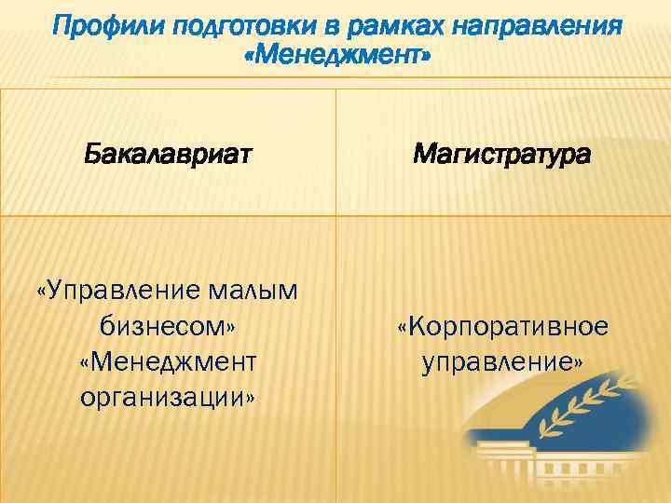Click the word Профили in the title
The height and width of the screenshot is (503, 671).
98,26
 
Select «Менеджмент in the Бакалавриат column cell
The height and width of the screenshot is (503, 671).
168,361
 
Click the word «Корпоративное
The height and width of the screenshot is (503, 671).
502,326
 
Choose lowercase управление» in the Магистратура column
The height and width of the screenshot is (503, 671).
502,361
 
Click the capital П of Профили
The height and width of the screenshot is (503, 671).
62,26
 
